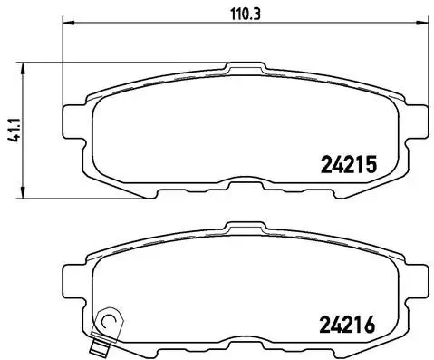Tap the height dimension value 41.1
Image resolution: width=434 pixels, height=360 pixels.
(11, 127)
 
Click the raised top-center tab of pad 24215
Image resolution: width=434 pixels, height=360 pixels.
(243, 68)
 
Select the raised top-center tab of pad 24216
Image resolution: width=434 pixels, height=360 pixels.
(243, 227)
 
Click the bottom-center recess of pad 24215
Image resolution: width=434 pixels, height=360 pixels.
(243, 186)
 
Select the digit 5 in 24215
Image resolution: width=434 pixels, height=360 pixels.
(369, 165)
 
